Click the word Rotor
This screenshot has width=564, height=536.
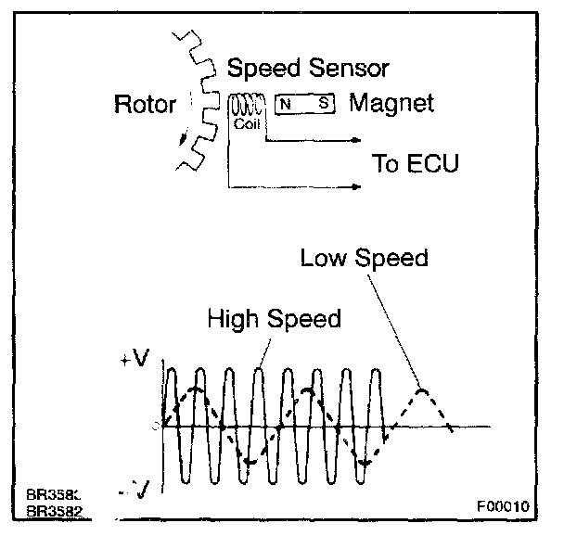(144, 104)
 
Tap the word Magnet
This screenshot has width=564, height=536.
(391, 103)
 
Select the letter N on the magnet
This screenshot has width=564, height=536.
(287, 104)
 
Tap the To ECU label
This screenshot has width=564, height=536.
(415, 164)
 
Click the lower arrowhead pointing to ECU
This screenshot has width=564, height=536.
(356, 187)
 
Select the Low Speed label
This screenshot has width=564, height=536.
(364, 258)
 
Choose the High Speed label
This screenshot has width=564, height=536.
(274, 319)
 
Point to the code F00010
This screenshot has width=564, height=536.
(503, 507)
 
